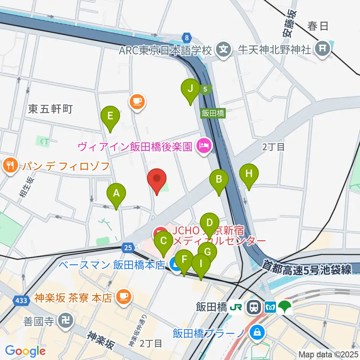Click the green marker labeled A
coord(116,194)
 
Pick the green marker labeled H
coord(249,174)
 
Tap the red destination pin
coord(157,179)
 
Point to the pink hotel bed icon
coord(204,145)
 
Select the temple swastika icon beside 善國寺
coord(66,321)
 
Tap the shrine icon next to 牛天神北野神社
coord(322,48)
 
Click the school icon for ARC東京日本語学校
coord(224,49)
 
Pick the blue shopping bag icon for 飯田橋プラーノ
coord(258,332)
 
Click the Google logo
coord(25,351)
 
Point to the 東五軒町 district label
coord(50,109)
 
